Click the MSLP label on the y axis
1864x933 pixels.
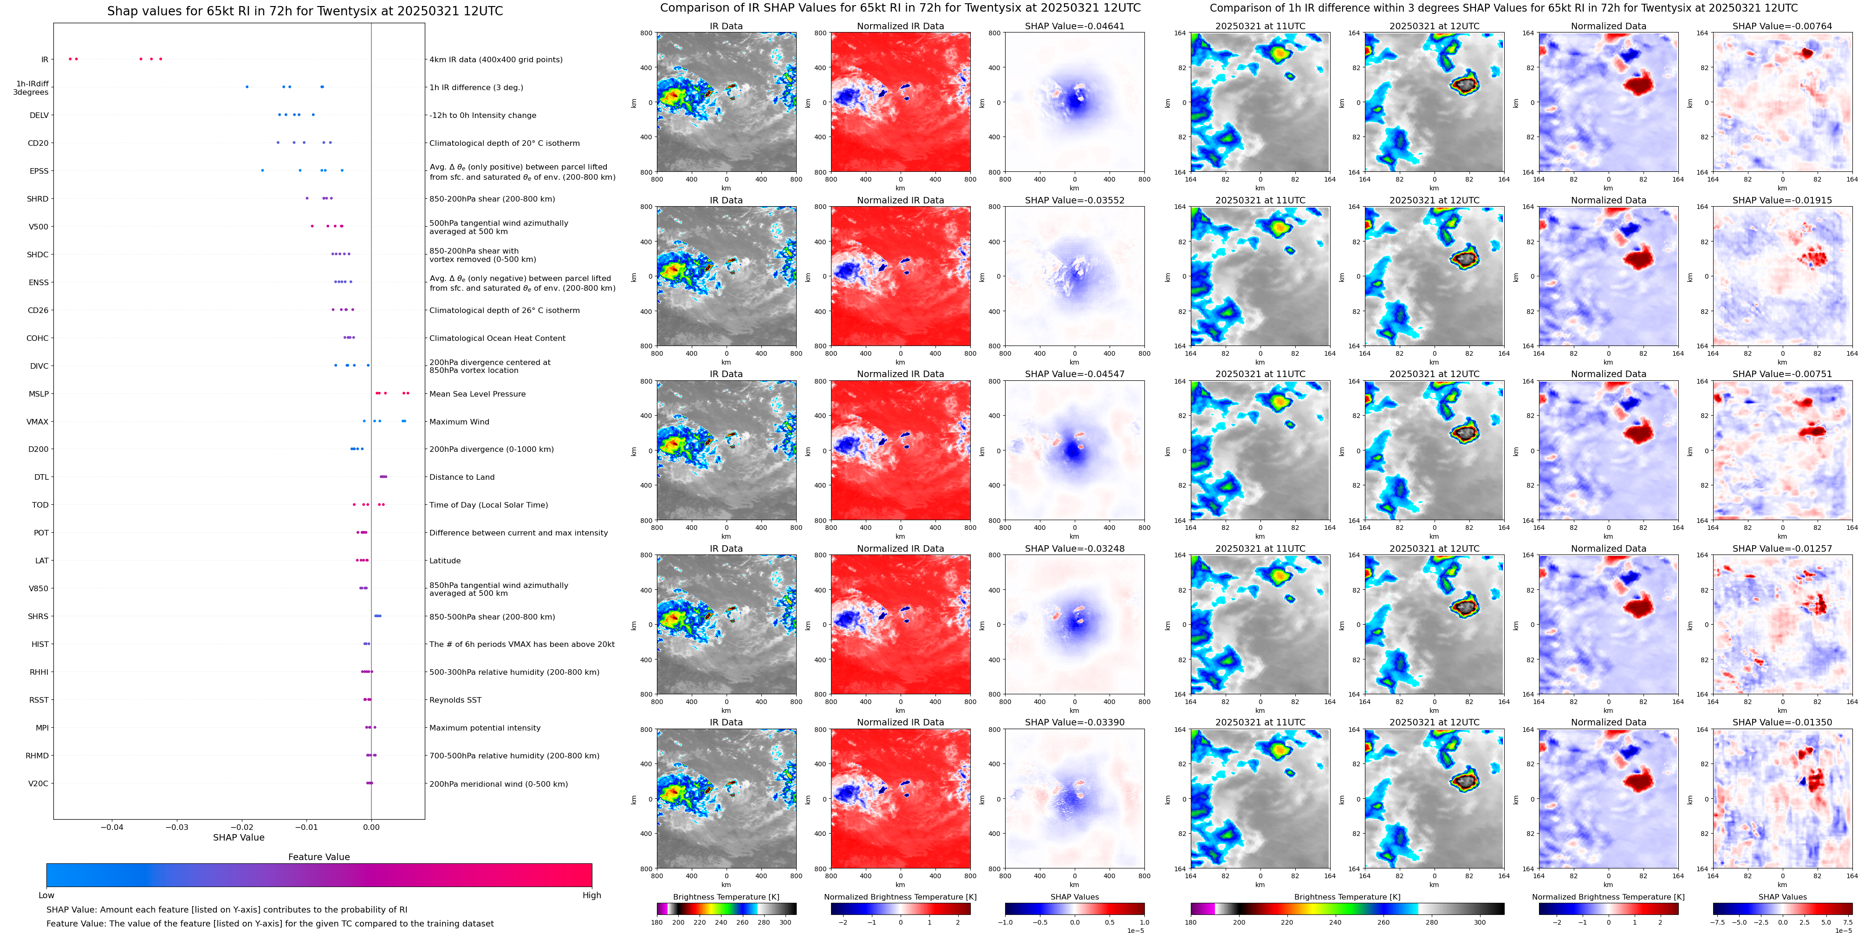39,394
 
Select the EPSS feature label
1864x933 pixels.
39,171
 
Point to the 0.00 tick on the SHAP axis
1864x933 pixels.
371,827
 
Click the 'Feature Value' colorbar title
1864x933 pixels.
318,856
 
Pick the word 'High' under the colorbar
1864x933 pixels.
591,895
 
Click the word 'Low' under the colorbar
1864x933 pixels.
46,895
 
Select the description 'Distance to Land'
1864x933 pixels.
461,477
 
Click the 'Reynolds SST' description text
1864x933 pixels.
455,700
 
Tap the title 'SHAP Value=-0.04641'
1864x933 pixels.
1075,26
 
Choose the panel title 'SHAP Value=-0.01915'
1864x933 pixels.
1782,201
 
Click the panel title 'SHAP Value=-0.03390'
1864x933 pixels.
1075,722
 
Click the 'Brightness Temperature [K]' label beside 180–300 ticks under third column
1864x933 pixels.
726,897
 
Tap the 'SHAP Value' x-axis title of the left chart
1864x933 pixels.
238,837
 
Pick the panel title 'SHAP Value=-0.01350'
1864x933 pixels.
1782,722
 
